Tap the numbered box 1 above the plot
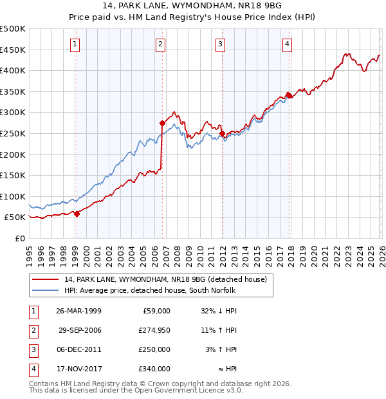pos(75,44)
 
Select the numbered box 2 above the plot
pos(160,44)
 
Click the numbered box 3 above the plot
pos(220,44)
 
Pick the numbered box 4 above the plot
pos(287,44)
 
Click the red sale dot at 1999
pos(77,214)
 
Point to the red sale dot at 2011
pos(222,133)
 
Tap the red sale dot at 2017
pos(289,95)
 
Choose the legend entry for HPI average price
pos(150,290)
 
